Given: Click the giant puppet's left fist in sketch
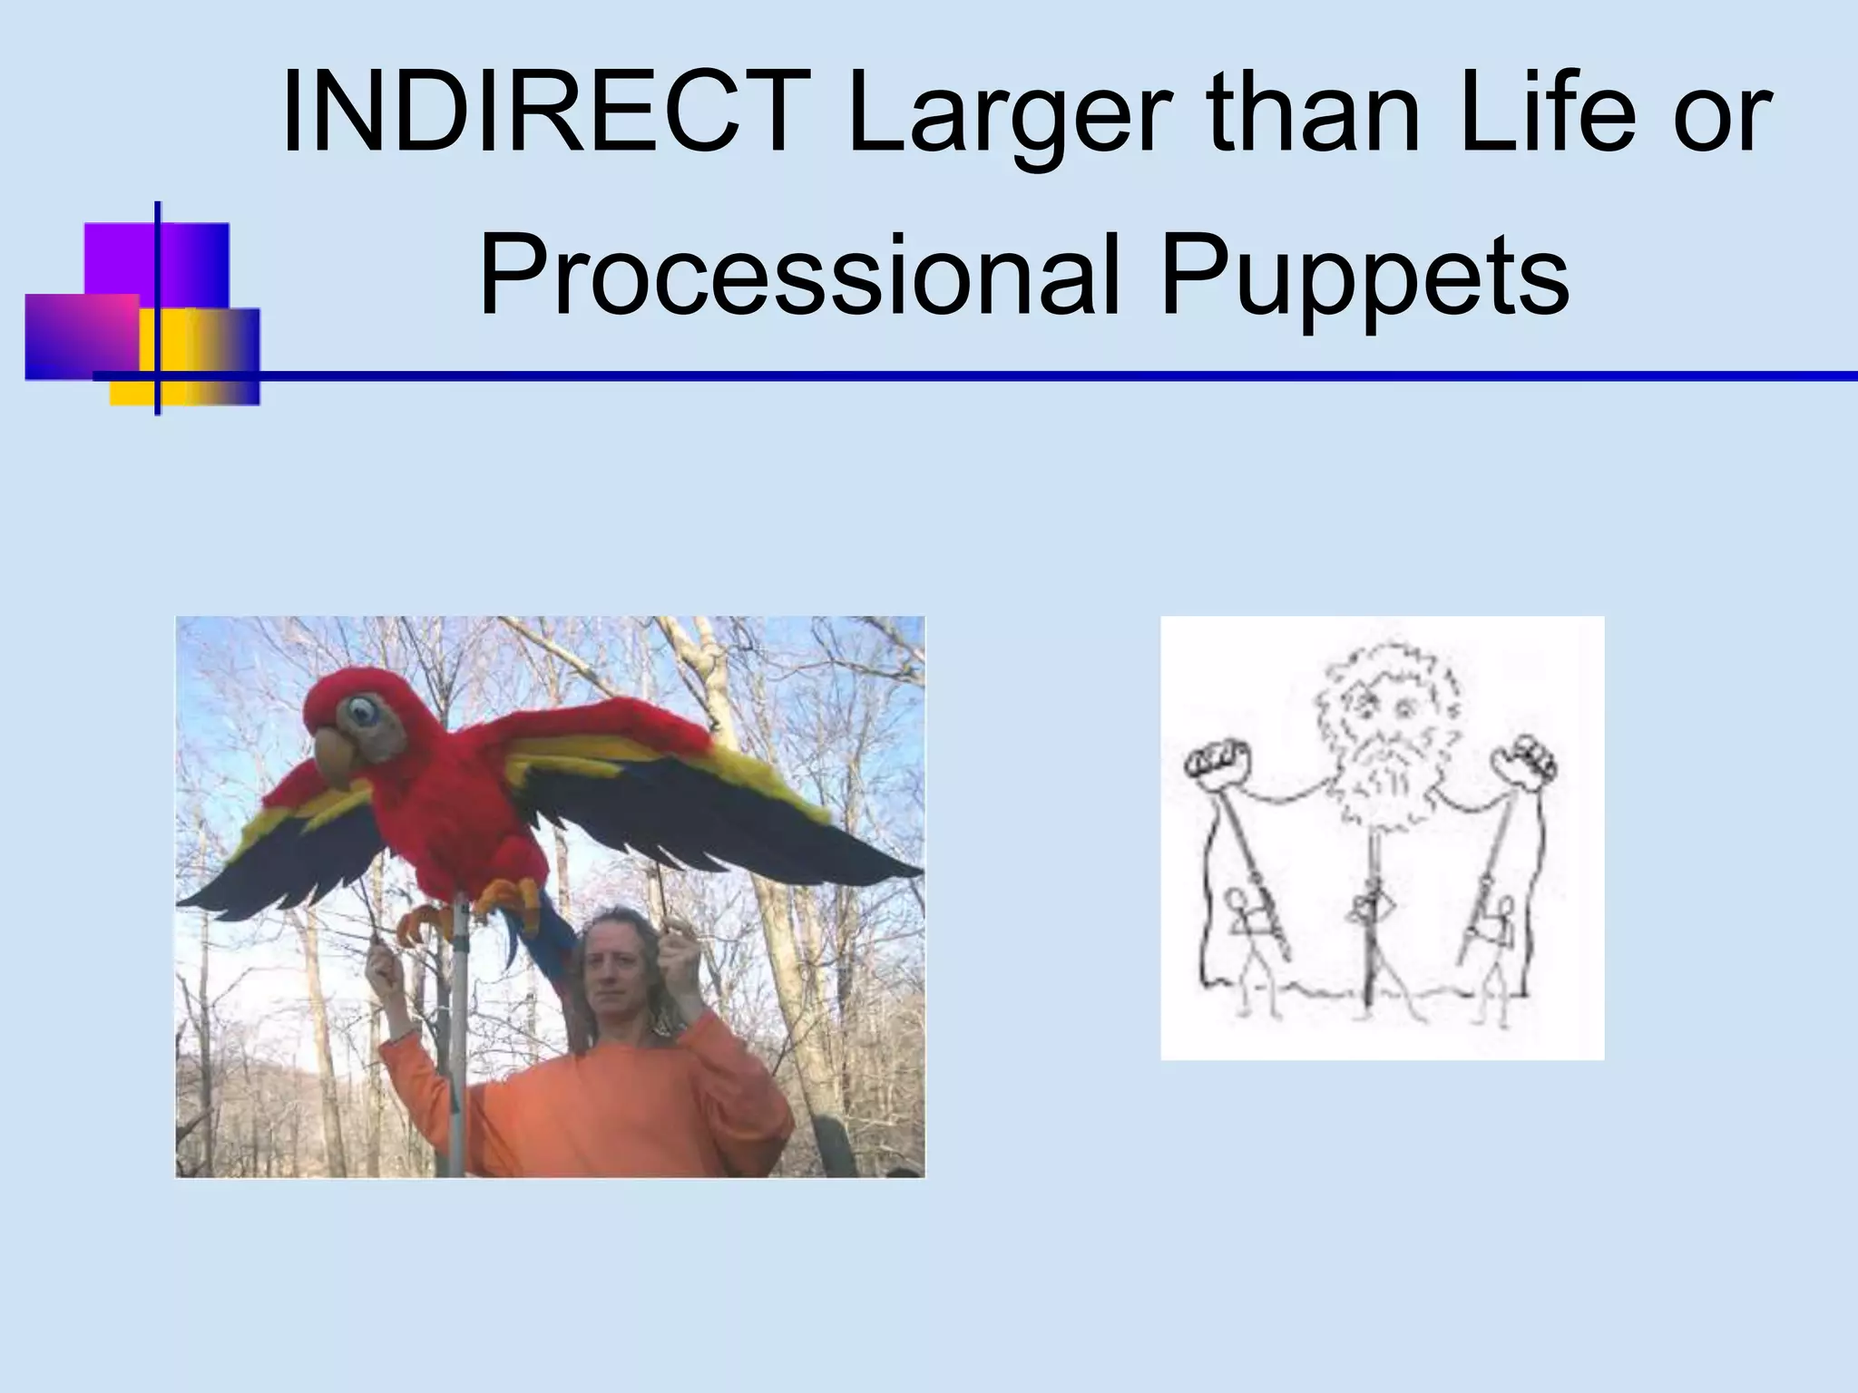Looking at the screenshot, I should pos(1217,769).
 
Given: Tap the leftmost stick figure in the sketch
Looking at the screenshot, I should pos(1247,952).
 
